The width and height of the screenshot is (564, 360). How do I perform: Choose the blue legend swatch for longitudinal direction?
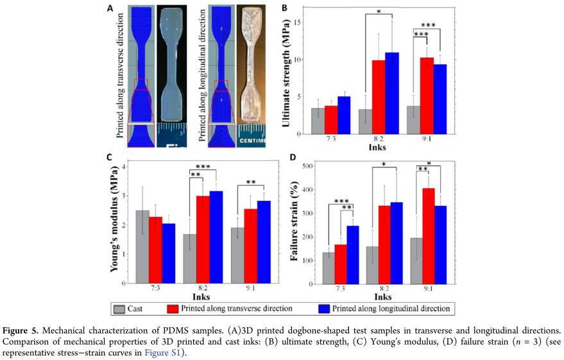tap(327, 308)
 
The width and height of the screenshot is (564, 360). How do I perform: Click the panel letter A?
tap(110, 8)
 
